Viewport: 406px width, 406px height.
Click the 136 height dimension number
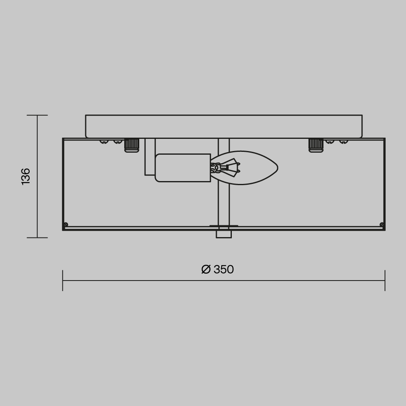tap(26, 176)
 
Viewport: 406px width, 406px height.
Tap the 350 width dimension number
tap(224, 270)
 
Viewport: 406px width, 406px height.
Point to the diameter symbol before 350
tap(206, 270)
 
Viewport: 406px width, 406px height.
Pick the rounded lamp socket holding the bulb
tap(183, 168)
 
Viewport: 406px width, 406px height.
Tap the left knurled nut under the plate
tap(132, 145)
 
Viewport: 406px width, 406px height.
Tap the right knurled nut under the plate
tap(316, 145)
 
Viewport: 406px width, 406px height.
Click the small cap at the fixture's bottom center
tap(224, 234)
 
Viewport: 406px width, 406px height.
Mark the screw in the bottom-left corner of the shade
tap(66, 225)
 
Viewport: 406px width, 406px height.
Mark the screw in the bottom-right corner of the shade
tap(382, 225)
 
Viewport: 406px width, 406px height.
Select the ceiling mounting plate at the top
tap(224, 126)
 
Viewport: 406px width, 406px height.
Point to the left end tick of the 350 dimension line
tap(63, 281)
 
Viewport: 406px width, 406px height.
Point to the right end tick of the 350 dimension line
tap(385, 281)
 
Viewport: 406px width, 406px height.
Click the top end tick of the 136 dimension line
tap(37, 115)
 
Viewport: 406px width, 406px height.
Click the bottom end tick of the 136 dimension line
tap(37, 238)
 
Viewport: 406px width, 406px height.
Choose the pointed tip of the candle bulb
tap(277, 168)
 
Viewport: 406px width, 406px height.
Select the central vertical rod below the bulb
tap(224, 205)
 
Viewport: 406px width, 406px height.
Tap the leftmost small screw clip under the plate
tap(104, 142)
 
